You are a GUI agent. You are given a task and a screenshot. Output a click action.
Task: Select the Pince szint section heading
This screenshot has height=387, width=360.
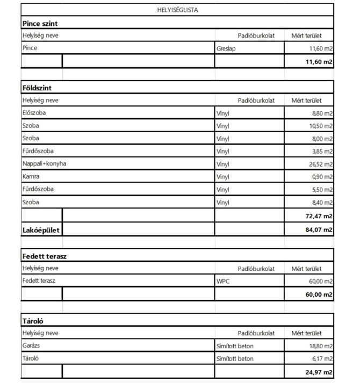(40, 24)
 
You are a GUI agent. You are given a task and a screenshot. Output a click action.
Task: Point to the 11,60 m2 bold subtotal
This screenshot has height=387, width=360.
(319, 62)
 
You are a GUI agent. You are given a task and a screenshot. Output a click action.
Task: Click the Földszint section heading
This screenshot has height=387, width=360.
(37, 88)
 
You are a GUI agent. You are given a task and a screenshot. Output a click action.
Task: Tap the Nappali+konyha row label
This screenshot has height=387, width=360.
(44, 163)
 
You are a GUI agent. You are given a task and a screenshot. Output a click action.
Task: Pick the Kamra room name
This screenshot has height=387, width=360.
(31, 176)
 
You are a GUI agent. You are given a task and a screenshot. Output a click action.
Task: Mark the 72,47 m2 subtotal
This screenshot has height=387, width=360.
(319, 216)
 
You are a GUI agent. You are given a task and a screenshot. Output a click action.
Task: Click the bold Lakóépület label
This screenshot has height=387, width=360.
(41, 230)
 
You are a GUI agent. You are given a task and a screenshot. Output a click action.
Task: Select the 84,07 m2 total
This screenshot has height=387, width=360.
(319, 230)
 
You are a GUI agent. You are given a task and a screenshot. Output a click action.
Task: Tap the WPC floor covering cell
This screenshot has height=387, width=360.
(223, 281)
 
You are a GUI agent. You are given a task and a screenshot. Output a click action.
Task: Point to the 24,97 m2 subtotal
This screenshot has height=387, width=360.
(319, 372)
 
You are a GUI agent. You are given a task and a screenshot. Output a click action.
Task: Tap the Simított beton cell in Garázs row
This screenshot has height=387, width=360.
(235, 346)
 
